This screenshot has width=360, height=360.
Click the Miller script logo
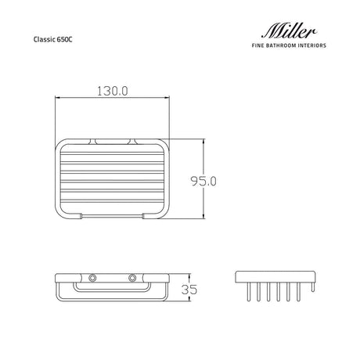pos(289,31)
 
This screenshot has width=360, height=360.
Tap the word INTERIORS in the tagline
pos(312,45)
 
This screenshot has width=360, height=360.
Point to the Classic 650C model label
pos(52,39)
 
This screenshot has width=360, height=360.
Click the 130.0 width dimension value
pos(113,91)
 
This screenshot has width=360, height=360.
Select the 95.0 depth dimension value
pos(203,181)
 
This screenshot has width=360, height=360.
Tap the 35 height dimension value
pos(189,290)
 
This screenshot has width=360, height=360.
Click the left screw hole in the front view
pos(92,278)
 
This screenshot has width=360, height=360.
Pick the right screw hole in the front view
pos(132,278)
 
